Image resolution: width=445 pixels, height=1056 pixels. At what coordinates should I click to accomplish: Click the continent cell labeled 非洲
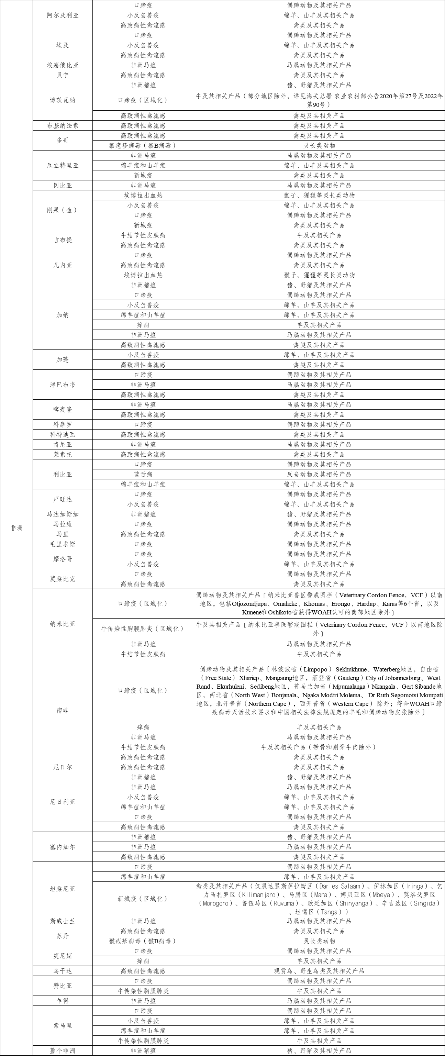tap(16, 528)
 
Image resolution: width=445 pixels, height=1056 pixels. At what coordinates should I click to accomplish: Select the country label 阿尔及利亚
tap(63, 15)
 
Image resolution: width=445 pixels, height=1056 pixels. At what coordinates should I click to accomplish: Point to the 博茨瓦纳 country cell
tap(63, 100)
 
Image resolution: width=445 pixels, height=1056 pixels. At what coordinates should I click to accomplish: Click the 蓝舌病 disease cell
tap(143, 474)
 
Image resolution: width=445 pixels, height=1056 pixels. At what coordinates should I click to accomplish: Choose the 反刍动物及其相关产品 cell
tap(319, 474)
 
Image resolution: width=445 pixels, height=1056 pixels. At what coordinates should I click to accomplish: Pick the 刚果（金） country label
tap(63, 210)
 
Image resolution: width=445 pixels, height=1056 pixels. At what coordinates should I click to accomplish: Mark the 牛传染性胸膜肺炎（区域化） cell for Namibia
tap(143, 629)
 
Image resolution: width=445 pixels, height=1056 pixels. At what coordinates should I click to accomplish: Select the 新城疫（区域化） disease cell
tap(143, 899)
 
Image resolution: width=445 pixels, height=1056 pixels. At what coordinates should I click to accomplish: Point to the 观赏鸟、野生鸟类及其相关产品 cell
tap(319, 971)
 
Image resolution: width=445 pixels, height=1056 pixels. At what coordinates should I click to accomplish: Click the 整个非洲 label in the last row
tap(63, 1051)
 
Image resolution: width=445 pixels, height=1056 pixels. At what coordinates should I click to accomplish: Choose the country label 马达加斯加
tap(63, 514)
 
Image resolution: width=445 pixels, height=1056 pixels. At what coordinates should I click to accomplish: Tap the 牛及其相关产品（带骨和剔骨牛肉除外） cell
tap(319, 747)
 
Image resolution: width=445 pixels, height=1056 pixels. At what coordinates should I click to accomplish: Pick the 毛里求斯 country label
tap(63, 544)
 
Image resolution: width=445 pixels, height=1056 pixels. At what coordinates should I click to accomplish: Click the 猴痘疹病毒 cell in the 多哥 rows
tap(143, 145)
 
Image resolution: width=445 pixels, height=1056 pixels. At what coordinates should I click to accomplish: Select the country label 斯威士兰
tap(63, 921)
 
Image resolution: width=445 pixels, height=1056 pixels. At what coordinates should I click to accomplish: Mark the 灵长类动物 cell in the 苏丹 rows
tap(319, 941)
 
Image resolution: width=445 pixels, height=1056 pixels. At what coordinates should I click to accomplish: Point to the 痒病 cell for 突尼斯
tap(143, 961)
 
